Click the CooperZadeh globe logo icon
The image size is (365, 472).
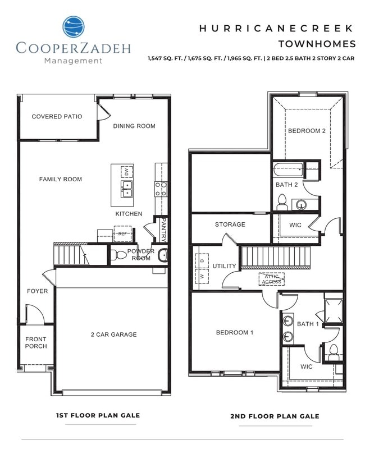pyautogui.click(x=73, y=26)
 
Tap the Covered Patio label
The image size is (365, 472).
pyautogui.click(x=57, y=117)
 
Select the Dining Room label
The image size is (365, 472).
pyautogui.click(x=134, y=126)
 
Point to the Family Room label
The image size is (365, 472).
pyautogui.click(x=61, y=179)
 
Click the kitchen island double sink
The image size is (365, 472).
pyautogui.click(x=127, y=189)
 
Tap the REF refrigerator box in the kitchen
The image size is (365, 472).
pyautogui.click(x=122, y=233)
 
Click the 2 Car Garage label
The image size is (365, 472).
pyautogui.click(x=114, y=334)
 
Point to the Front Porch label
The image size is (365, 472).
pyautogui.click(x=36, y=342)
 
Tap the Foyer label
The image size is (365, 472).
pyautogui.click(x=38, y=291)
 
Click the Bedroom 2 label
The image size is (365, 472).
pyautogui.click(x=307, y=131)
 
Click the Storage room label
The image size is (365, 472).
pyautogui.click(x=230, y=224)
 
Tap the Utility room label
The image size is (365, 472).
pyautogui.click(x=224, y=265)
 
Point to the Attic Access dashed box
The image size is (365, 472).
pyautogui.click(x=271, y=278)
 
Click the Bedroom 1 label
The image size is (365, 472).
pyautogui.click(x=235, y=332)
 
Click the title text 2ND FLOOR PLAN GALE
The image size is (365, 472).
pyautogui.click(x=275, y=416)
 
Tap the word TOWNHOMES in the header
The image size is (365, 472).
pyautogui.click(x=317, y=43)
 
